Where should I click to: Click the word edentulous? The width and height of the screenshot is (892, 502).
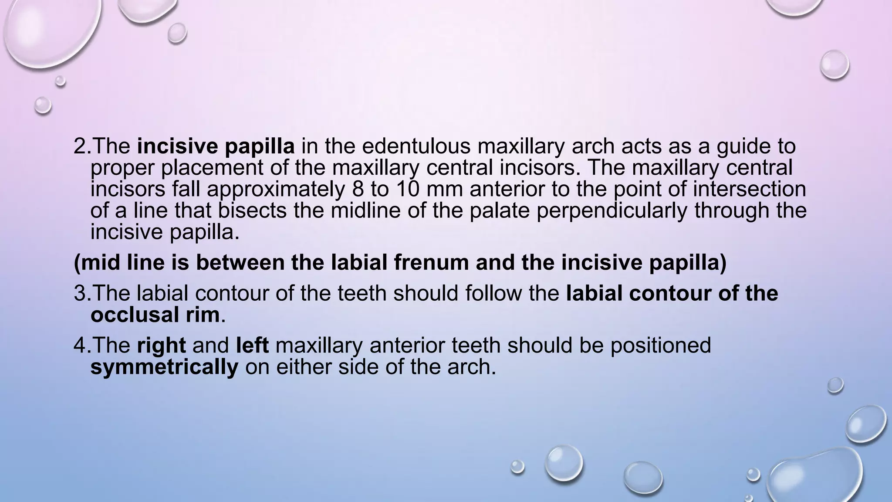416,146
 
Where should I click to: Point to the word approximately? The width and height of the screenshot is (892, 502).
276,190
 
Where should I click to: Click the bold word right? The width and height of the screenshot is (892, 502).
161,346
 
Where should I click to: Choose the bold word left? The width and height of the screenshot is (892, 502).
252,346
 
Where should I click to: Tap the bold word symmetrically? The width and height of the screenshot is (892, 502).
164,367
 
